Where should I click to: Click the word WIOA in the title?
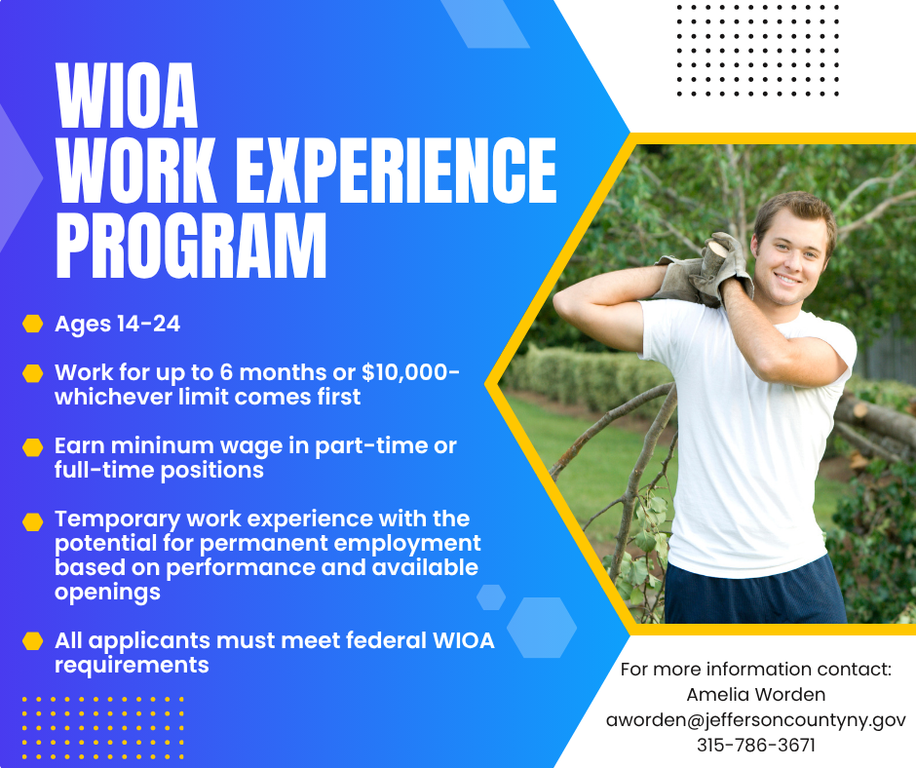pos(127,96)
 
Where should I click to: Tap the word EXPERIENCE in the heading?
pos(396,171)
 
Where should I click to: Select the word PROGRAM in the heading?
pos(191,246)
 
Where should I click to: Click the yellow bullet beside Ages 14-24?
pos(33,324)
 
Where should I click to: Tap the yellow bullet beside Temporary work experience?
pos(33,521)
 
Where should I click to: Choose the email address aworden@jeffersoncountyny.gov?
pos(756,719)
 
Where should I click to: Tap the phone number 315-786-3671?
pos(756,746)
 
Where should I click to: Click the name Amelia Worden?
pos(756,694)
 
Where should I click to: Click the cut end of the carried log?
pos(714,253)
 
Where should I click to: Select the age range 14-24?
pos(148,325)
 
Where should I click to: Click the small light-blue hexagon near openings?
pos(491,597)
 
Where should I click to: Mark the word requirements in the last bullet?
pos(132,666)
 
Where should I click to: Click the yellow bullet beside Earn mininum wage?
pos(33,447)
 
